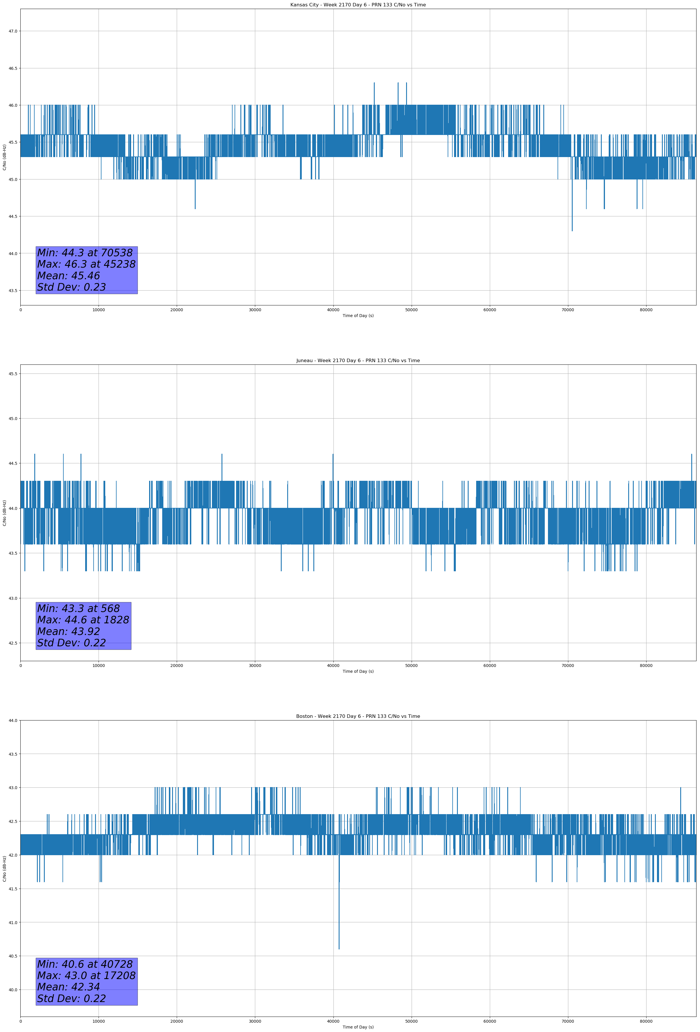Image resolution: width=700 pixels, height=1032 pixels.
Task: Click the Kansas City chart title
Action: pyautogui.click(x=358, y=5)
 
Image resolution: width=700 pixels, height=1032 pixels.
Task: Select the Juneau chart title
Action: pyautogui.click(x=358, y=361)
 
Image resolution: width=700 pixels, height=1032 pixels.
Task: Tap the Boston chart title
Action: pyautogui.click(x=358, y=716)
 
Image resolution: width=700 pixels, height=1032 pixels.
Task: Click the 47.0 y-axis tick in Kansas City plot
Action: pyautogui.click(x=13, y=31)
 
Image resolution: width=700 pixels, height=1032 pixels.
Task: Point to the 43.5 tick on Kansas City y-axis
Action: pyautogui.click(x=13, y=290)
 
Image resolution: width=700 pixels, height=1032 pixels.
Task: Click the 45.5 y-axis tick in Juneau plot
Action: pyautogui.click(x=13, y=373)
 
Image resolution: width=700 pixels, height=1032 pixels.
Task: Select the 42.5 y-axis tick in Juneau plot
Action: pyautogui.click(x=13, y=643)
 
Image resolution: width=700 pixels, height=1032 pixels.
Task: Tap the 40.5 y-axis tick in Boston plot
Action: pyautogui.click(x=13, y=956)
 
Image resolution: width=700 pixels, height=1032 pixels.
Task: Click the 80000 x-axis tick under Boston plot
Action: pyautogui.click(x=646, y=1021)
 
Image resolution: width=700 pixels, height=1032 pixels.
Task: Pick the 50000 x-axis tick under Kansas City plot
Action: pyautogui.click(x=411, y=310)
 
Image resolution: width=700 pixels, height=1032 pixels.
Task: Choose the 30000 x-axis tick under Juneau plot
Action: pyautogui.click(x=255, y=666)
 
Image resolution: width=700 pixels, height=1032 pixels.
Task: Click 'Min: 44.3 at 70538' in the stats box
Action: pyautogui.click(x=85, y=253)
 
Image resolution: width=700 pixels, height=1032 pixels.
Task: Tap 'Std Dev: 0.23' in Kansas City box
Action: pyautogui.click(x=72, y=287)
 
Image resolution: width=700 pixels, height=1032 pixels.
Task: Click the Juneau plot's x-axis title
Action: pyautogui.click(x=358, y=671)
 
